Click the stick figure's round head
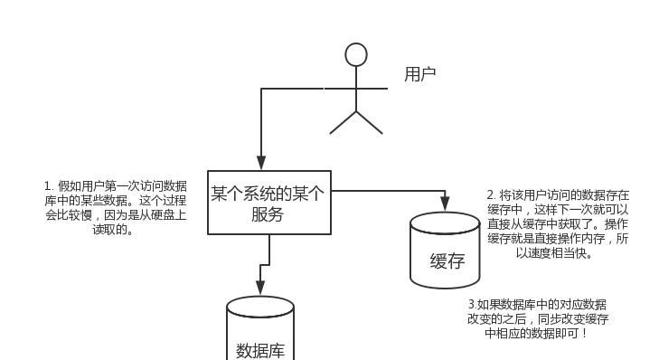[356, 55]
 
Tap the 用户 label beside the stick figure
[420, 74]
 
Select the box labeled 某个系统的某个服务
[269, 203]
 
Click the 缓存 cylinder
[445, 251]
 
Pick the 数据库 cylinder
[260, 330]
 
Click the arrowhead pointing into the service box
[261, 164]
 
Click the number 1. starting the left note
[48, 186]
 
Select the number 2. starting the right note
[491, 195]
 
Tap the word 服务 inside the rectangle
[268, 214]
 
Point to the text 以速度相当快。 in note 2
[554, 253]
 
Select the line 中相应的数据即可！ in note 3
[537, 334]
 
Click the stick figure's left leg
[343, 123]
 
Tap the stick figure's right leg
[370, 123]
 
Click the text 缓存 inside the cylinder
[447, 261]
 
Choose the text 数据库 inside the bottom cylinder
[260, 350]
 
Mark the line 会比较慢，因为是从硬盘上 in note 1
[115, 215]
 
